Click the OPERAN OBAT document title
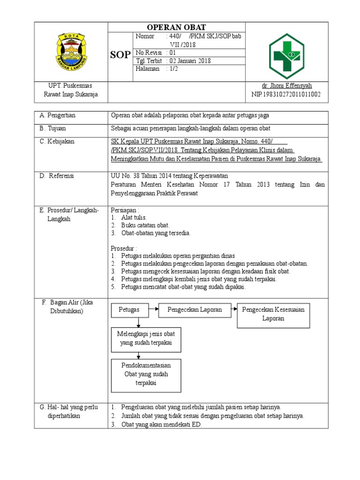coord(177,27)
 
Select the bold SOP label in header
coord(120,55)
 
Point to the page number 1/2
coord(173,68)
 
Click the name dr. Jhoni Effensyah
coord(286,86)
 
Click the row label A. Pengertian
coord(58,115)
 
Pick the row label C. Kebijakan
coord(57,141)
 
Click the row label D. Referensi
coord(57,176)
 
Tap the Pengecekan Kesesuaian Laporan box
coord(273,314)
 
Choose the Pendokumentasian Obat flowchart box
coord(146,374)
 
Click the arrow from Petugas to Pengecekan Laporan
coord(152,309)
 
